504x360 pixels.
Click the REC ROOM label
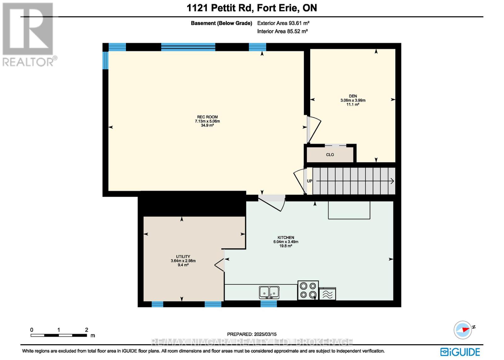(x=207, y=117)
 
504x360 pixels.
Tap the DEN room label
(x=353, y=96)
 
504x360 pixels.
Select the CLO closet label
(x=330, y=155)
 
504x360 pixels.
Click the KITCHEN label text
(x=286, y=238)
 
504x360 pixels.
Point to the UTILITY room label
(x=183, y=257)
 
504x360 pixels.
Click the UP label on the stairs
(x=310, y=181)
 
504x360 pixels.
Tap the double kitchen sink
(x=269, y=293)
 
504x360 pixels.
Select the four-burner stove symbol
(x=308, y=290)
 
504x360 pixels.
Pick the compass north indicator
(x=463, y=330)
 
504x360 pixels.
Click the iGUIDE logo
(x=460, y=352)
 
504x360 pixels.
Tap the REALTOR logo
(x=29, y=35)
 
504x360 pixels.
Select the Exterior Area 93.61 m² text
(x=283, y=23)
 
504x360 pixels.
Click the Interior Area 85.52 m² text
(x=282, y=31)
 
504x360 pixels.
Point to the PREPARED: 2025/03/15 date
(x=252, y=334)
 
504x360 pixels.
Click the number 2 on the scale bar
(x=86, y=330)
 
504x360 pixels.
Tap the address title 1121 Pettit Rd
(x=220, y=8)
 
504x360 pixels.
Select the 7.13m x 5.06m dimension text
(x=207, y=121)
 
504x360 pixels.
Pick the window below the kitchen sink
(x=268, y=304)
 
